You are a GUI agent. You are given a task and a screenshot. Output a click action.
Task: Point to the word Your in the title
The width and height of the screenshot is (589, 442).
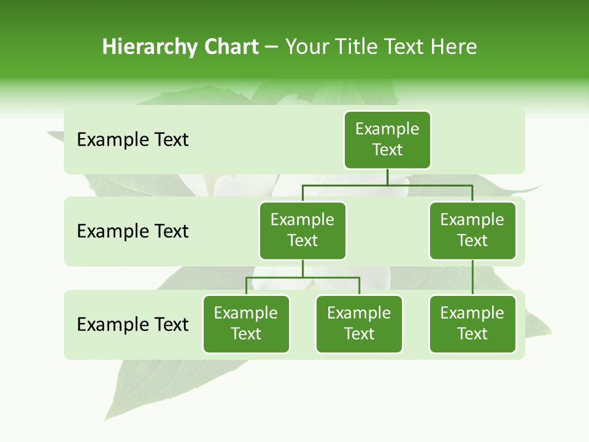tap(307, 47)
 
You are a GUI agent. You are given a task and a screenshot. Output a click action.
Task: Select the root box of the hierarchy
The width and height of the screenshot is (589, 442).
tap(387, 140)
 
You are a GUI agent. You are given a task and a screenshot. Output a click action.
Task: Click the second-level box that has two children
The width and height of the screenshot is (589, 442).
tap(302, 231)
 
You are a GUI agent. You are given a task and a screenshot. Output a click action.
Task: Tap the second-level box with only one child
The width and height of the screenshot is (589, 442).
tap(472, 231)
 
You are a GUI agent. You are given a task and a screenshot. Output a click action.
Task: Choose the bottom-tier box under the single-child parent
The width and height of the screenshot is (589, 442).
tap(472, 324)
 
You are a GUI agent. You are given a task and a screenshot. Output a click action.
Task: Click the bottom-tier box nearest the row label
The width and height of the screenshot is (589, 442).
tap(246, 324)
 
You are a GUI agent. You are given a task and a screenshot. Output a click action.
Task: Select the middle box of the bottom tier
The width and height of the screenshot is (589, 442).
tap(359, 324)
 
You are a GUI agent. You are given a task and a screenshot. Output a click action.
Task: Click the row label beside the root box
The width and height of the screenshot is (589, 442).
tap(133, 140)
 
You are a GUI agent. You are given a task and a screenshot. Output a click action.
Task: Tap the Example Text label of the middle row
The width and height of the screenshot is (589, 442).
tap(133, 231)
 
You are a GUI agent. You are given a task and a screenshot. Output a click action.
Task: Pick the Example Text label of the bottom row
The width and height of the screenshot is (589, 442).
tap(133, 324)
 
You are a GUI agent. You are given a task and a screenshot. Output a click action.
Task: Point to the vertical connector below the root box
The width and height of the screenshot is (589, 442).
tap(387, 177)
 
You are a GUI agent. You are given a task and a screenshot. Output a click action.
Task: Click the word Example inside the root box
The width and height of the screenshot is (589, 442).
tap(387, 129)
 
